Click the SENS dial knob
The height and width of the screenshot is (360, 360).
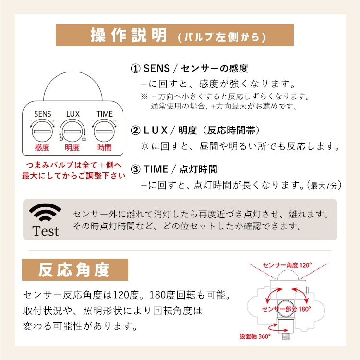42,131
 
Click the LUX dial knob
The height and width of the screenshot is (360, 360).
73,131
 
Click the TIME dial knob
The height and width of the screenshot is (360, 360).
104,131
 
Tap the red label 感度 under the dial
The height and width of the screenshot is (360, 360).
42,148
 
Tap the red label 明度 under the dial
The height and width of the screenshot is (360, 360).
73,148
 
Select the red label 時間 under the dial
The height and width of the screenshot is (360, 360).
104,148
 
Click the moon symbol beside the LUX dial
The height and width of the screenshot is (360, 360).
61,139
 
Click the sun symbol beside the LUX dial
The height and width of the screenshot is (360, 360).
84,139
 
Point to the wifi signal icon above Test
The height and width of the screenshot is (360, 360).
45,212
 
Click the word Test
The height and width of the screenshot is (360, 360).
46,231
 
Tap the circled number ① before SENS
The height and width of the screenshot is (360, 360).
135,69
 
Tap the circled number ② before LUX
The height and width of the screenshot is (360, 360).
135,130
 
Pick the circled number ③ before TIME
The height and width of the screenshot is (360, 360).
135,169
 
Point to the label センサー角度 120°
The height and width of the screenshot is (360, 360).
288,264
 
